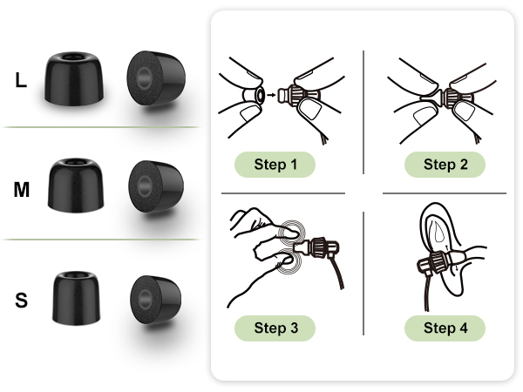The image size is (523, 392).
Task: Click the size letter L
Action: click(x=21, y=80)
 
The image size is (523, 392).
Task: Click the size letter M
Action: click(x=22, y=190)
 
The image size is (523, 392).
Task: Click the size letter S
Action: click(x=21, y=300)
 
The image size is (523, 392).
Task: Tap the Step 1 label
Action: click(x=275, y=165)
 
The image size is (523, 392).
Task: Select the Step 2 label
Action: click(x=445, y=165)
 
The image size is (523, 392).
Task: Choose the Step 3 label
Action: click(x=275, y=328)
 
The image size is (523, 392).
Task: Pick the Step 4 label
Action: click(x=445, y=328)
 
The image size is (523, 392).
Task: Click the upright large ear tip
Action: click(x=74, y=78)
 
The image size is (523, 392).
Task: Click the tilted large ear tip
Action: click(x=156, y=78)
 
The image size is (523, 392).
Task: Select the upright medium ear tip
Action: click(x=76, y=186)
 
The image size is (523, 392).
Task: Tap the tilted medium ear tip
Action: click(x=156, y=186)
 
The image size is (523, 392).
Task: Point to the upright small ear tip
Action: click(x=76, y=298)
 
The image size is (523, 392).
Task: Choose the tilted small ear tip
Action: click(x=156, y=300)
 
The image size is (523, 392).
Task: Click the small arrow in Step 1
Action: click(x=271, y=95)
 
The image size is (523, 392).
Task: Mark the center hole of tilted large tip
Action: click(x=145, y=78)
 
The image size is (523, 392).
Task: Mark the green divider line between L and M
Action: click(x=100, y=127)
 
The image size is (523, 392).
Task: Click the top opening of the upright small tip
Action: click(x=76, y=275)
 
